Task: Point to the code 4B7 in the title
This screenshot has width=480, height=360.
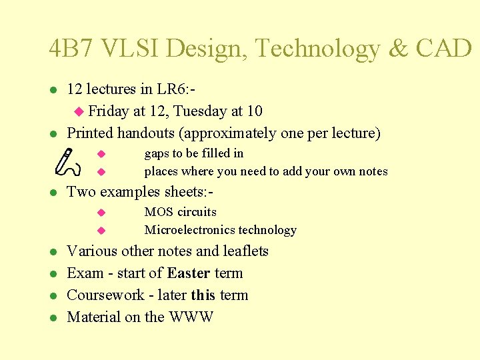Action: coord(69,48)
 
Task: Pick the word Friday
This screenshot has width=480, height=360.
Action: coord(108,111)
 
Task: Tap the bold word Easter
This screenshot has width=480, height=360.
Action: coord(189,273)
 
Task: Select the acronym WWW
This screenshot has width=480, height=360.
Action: coord(191,317)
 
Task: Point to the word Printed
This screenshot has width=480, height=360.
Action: coord(90,133)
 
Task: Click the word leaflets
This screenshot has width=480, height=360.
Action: coord(245,251)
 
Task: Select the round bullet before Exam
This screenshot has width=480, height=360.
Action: coord(53,274)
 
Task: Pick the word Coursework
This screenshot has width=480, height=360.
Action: coord(105,295)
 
